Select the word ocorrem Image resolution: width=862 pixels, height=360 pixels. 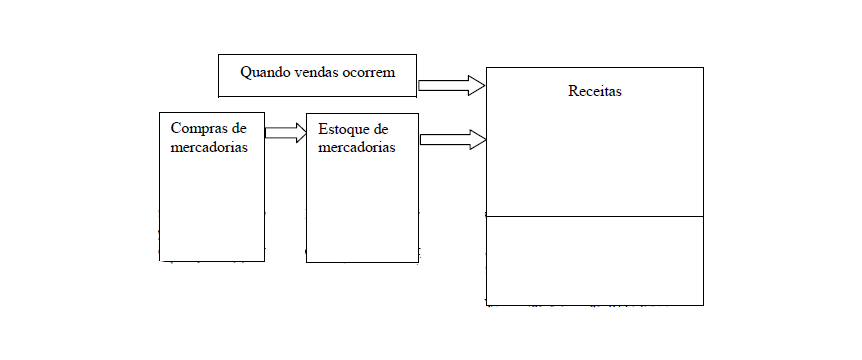(x=367, y=72)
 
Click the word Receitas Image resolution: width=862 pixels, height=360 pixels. (x=595, y=91)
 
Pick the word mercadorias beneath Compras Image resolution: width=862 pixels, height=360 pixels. (x=209, y=146)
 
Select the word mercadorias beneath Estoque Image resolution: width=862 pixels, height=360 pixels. (x=356, y=146)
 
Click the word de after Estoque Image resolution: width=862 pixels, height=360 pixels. (x=380, y=129)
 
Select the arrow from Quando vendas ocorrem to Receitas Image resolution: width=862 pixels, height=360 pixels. (x=451, y=85)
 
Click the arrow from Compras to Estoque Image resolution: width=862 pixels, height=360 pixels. (x=285, y=133)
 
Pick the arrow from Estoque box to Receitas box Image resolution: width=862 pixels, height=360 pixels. (x=452, y=139)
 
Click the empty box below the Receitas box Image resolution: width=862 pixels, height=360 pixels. (x=595, y=260)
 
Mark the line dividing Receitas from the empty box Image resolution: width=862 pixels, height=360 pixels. (x=595, y=216)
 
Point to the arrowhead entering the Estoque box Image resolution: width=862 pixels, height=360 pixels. (x=299, y=133)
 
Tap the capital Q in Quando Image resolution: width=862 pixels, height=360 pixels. (x=245, y=72)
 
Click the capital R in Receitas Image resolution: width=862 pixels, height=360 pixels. (x=573, y=91)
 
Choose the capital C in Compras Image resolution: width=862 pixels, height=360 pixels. (x=176, y=129)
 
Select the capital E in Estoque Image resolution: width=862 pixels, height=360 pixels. (x=322, y=129)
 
